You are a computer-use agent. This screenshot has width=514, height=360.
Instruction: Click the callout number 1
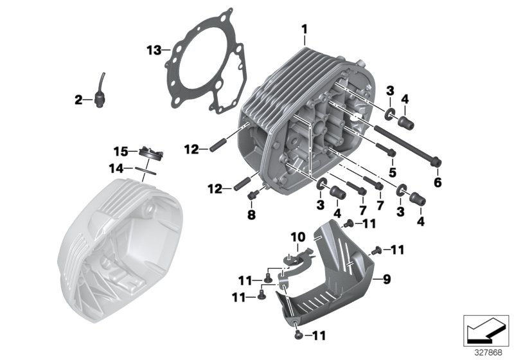(x=305, y=28)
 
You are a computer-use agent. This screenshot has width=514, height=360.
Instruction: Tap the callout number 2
(x=78, y=100)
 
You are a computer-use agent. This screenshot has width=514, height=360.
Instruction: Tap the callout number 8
(x=251, y=213)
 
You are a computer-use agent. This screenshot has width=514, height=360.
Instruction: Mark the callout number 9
(x=386, y=280)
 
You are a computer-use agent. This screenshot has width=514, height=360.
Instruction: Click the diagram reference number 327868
(x=488, y=353)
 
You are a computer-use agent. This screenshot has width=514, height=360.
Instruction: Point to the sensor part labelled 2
(x=99, y=96)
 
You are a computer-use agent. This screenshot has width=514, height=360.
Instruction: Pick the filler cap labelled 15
(x=149, y=154)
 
